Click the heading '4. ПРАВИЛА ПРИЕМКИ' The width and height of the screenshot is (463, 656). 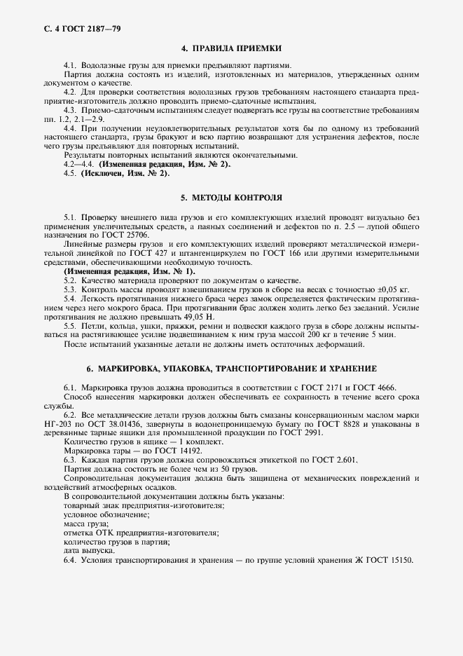(x=231, y=48)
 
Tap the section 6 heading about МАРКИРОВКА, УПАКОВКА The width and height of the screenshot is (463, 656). (x=231, y=368)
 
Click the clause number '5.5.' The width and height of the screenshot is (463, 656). (x=71, y=326)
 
